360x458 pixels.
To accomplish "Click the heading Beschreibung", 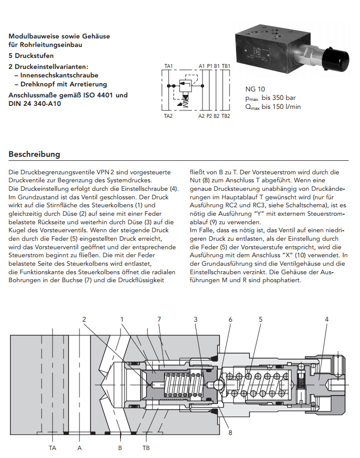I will [x=34, y=154].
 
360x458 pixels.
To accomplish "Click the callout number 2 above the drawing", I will [x=84, y=319].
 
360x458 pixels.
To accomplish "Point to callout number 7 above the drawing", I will [x=159, y=319].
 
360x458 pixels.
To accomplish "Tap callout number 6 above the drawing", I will [x=230, y=319].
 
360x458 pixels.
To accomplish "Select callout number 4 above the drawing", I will [x=326, y=319].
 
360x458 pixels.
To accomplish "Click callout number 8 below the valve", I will [x=230, y=433].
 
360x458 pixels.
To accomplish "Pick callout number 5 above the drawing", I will [x=260, y=319].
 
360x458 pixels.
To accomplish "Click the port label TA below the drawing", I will [x=52, y=448].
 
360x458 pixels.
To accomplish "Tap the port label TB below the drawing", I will [x=146, y=448].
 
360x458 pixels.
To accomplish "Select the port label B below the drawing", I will [x=120, y=448].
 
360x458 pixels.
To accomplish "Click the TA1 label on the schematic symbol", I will [x=168, y=66].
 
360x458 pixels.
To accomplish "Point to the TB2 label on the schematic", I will [x=225, y=116].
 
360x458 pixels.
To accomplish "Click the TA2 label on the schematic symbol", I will [x=168, y=116].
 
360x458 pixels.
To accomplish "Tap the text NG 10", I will [x=255, y=89].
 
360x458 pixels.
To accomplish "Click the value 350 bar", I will [x=281, y=97].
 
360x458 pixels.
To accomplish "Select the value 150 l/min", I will [x=281, y=106].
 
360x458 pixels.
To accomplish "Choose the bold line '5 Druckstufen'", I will [x=31, y=55].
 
